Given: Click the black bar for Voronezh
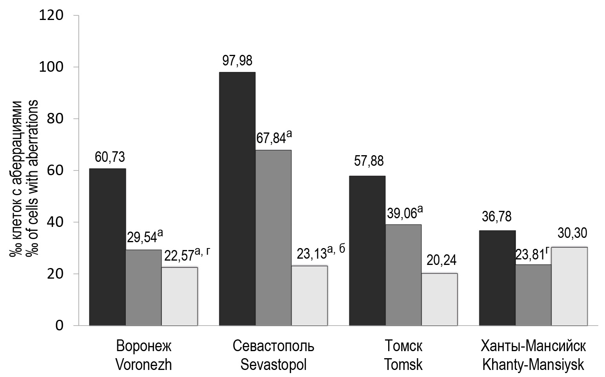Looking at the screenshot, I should (107, 247).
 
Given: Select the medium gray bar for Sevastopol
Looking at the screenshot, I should (273, 237).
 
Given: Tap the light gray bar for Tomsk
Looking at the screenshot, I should (439, 299).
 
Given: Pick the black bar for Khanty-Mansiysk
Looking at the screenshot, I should (497, 278).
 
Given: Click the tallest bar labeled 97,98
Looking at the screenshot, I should (237, 199).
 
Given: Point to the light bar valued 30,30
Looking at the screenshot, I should (569, 286).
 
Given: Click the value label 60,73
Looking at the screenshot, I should (110, 157).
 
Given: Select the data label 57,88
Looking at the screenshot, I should (369, 161).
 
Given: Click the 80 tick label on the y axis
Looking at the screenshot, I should (55, 119).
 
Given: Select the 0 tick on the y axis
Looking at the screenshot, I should (59, 326).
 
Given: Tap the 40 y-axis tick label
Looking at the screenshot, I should (55, 222).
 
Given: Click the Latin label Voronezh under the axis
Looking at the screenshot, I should (144, 365).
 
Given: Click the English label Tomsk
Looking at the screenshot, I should (403, 365).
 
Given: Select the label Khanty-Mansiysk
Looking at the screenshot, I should (533, 365).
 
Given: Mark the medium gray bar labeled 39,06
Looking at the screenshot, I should (403, 275).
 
